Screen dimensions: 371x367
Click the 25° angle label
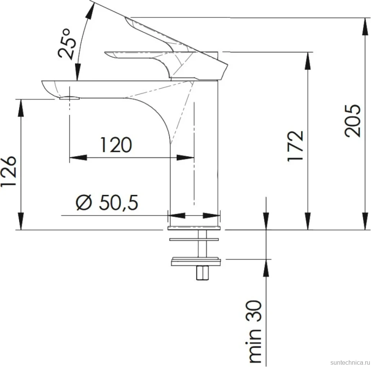pos(67,44)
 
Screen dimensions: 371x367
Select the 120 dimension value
pos(116,145)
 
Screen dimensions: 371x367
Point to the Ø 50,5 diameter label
pos(107,202)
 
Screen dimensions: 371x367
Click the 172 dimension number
pos(295,146)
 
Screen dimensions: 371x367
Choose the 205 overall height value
pos(353,121)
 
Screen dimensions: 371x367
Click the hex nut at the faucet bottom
pos(203,273)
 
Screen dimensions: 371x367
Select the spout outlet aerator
pos(70,98)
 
